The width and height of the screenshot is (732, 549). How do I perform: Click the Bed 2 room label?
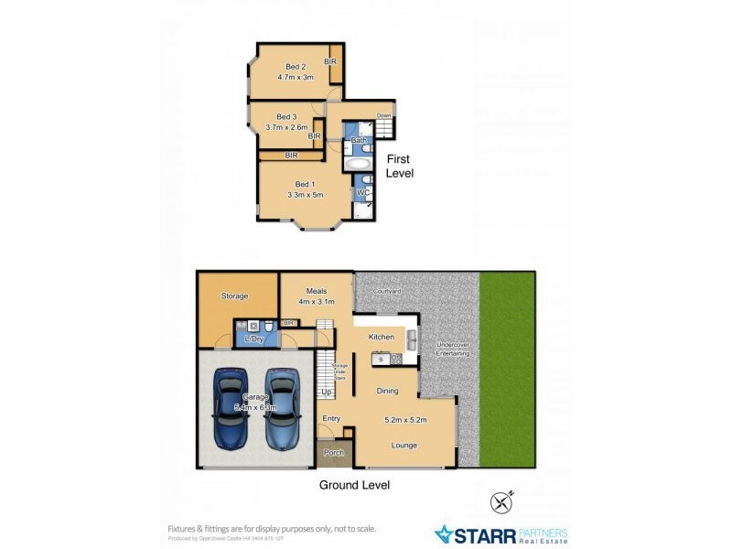[x=295, y=66]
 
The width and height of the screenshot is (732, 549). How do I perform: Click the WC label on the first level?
[x=362, y=193]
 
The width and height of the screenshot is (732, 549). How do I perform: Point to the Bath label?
[x=359, y=140]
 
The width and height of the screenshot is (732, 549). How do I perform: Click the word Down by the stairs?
[x=384, y=116]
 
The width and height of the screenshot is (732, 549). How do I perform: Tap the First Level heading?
[x=399, y=166]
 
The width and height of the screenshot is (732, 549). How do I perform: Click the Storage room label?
[x=235, y=296]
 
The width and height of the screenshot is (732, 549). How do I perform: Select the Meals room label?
[x=317, y=291]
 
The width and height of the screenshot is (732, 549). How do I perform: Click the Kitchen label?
[x=382, y=337]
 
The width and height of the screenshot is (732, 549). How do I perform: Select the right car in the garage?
[x=282, y=407]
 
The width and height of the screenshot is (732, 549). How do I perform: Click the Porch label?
[x=334, y=453]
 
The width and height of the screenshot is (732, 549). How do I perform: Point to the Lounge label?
[x=404, y=446]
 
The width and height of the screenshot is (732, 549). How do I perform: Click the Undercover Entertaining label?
[x=452, y=349]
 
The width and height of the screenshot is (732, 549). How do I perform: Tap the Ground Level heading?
[x=353, y=485]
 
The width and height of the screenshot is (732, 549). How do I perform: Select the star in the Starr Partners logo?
[x=445, y=533]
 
